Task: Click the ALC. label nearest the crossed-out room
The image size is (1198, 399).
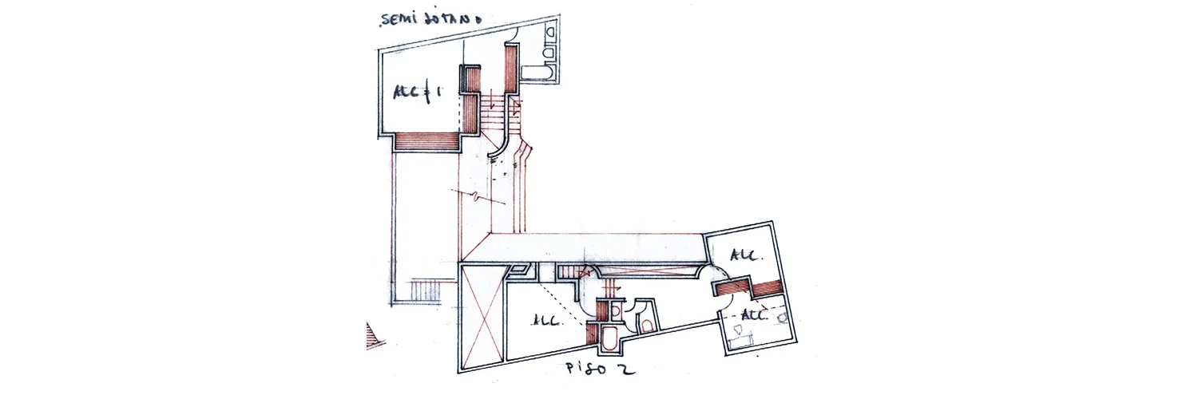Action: coord(548,321)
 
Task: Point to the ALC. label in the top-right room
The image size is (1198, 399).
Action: coord(745,256)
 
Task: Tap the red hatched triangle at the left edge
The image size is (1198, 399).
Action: coord(371,335)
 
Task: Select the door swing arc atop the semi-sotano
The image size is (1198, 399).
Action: coord(513,32)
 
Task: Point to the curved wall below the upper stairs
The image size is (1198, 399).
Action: coord(498,151)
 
